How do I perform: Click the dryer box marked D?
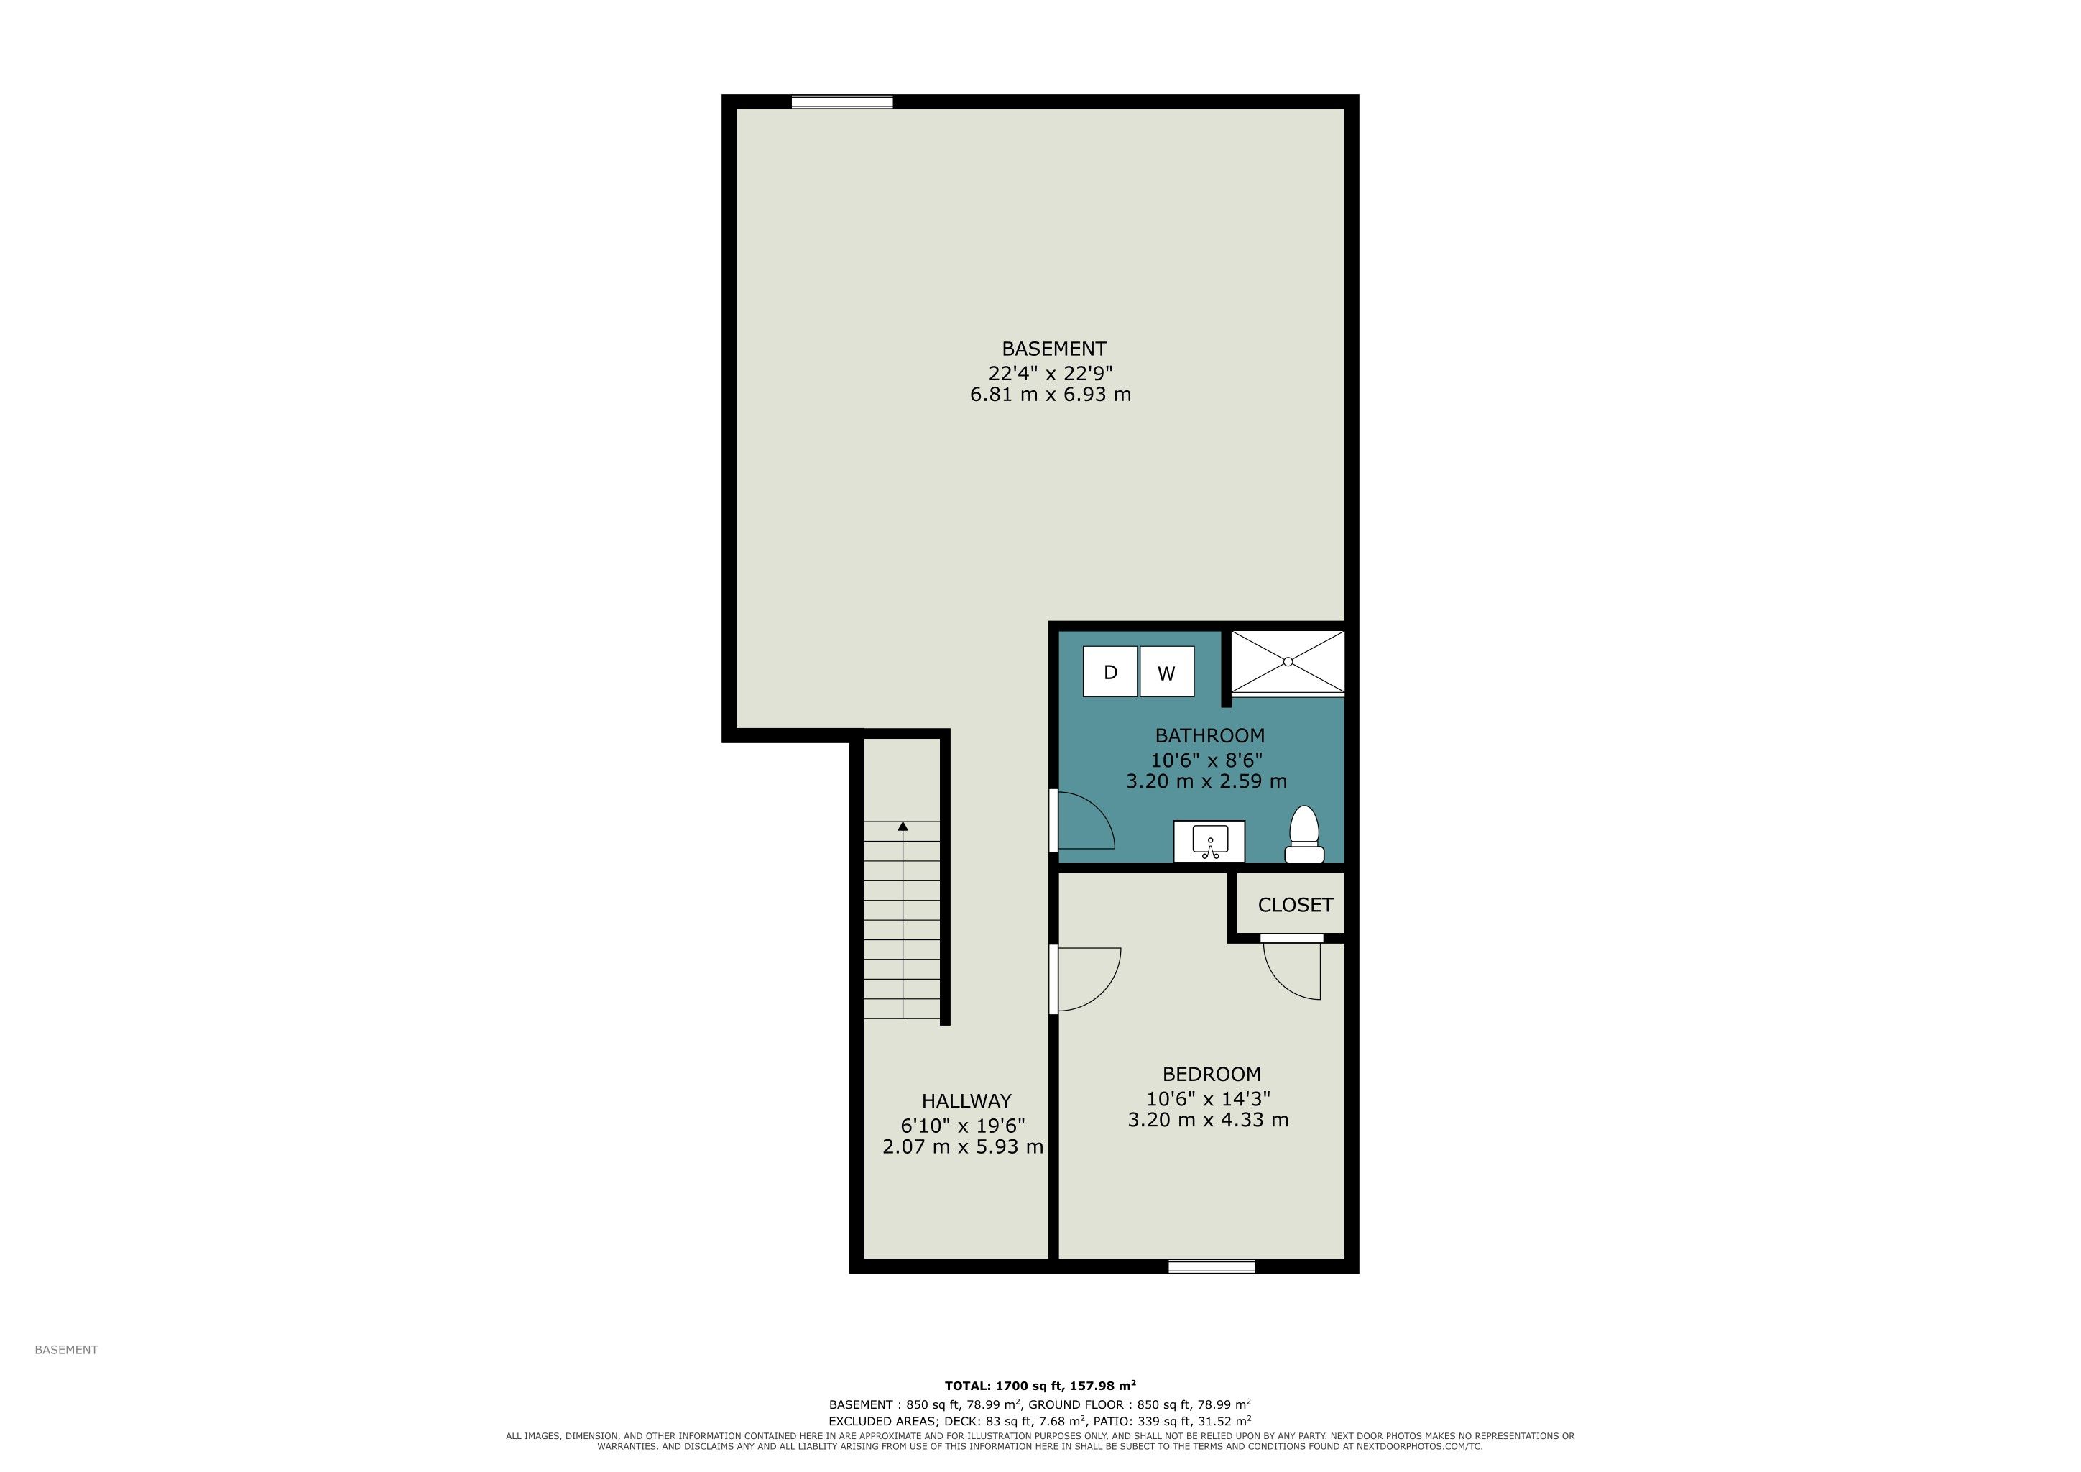coord(1109,671)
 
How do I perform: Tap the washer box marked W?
coord(1166,671)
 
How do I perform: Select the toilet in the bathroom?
coord(1304,834)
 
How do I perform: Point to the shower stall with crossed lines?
coord(1287,663)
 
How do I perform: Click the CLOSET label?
coord(1295,906)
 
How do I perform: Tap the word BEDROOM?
coord(1212,1074)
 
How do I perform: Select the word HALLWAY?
coord(966,1101)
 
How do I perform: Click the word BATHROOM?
coord(1209,736)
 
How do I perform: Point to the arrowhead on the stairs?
coord(903,827)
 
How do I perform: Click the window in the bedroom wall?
coord(1211,1266)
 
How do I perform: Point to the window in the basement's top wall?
coord(842,101)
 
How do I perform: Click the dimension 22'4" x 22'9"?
coord(1051,372)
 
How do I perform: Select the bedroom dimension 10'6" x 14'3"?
coord(1208,1098)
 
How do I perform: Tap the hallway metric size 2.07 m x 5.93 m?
coord(963,1146)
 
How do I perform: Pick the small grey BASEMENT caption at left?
coord(66,1350)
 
